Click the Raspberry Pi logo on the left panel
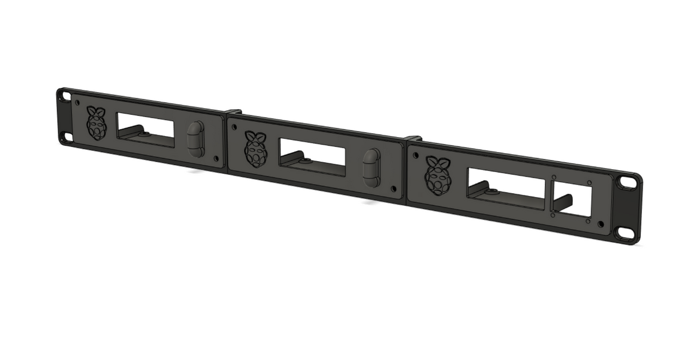[x=97, y=123]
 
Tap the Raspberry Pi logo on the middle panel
[x=255, y=149]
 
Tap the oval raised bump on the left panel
[x=196, y=139]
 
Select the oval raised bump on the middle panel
[x=372, y=167]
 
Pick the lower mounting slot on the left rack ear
[x=67, y=137]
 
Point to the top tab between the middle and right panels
[x=413, y=139]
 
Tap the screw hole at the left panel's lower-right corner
[x=215, y=158]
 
